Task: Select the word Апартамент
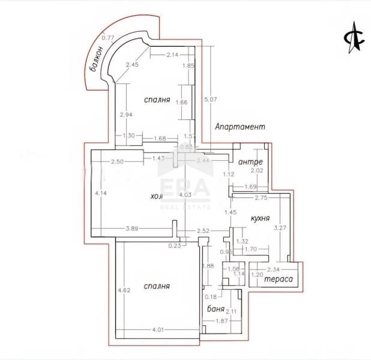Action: (x=240, y=127)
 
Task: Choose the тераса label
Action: (x=278, y=280)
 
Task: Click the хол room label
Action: (x=156, y=196)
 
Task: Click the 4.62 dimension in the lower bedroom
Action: (x=124, y=291)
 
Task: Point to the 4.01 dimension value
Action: (x=158, y=330)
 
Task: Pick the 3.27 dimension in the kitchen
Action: (x=280, y=228)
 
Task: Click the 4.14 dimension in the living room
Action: (x=100, y=193)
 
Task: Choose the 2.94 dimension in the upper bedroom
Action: (x=125, y=115)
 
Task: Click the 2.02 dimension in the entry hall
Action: (x=257, y=171)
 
